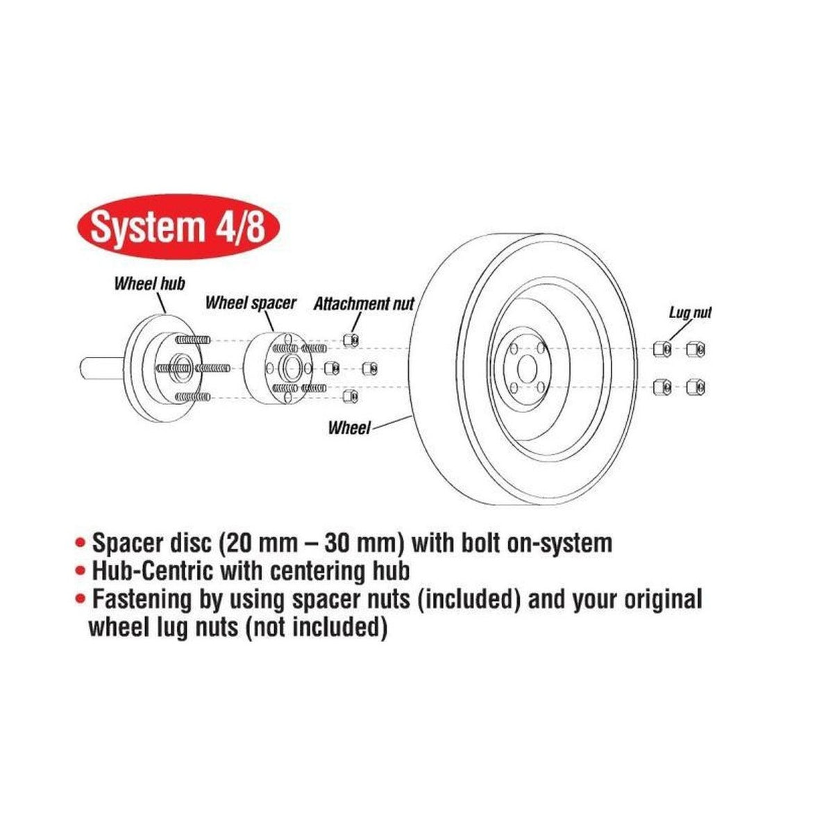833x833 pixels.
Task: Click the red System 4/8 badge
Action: (178, 226)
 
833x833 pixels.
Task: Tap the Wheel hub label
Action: (149, 284)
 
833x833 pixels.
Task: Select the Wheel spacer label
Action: (251, 303)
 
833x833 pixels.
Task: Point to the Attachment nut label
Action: (364, 304)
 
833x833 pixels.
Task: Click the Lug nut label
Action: (690, 312)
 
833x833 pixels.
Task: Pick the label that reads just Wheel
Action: (349, 428)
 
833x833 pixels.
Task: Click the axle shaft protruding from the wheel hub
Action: (103, 368)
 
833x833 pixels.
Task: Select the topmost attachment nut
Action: (350, 339)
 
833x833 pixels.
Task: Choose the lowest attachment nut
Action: (350, 396)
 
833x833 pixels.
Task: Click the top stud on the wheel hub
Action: (193, 340)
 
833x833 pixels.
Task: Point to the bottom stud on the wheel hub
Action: (193, 396)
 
